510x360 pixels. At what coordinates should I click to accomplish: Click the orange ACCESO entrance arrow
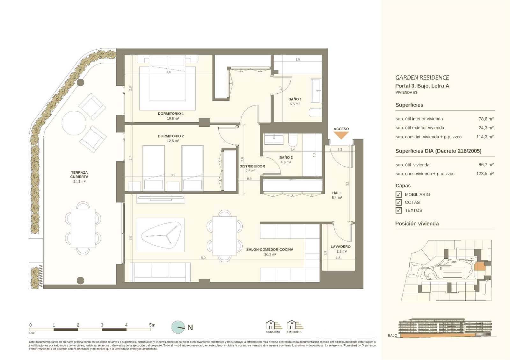pyautogui.click(x=341, y=135)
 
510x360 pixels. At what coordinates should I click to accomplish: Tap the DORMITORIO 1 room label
pyautogui.click(x=171, y=114)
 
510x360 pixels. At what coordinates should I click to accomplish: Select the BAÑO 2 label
pyautogui.click(x=286, y=157)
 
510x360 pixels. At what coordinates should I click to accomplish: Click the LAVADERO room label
pyautogui.click(x=340, y=247)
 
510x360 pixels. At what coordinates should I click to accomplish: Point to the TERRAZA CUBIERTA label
pyautogui.click(x=79, y=175)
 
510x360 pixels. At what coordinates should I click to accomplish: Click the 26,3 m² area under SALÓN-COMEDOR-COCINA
pyautogui.click(x=270, y=255)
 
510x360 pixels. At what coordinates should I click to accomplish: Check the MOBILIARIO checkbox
pyautogui.click(x=398, y=195)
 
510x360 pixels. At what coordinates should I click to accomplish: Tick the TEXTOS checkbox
pyautogui.click(x=398, y=211)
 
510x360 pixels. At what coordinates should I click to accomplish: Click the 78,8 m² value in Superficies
pyautogui.click(x=486, y=119)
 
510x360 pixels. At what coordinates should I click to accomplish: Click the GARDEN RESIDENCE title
pyautogui.click(x=422, y=77)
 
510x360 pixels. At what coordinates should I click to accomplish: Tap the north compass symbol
pyautogui.click(x=178, y=327)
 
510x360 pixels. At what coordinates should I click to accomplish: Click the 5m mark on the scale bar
pyautogui.click(x=152, y=325)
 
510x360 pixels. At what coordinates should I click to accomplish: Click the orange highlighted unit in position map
pyautogui.click(x=480, y=266)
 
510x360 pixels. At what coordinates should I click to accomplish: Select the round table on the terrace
pyautogui.click(x=74, y=123)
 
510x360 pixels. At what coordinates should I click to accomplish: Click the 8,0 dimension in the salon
pyautogui.click(x=203, y=258)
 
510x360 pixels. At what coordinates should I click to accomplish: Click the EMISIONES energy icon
pyautogui.click(x=294, y=326)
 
